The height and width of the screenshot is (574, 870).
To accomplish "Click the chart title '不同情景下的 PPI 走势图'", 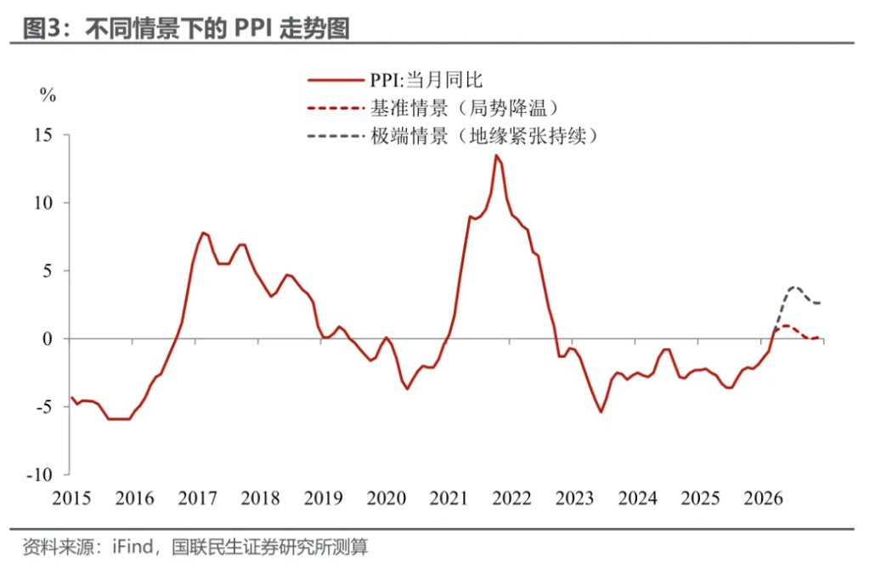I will click(217, 27).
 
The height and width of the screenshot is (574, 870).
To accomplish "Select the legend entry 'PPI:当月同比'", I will click(426, 80).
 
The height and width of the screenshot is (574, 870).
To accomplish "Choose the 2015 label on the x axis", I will click(71, 498).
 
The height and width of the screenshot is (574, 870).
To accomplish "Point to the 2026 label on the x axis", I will click(763, 498).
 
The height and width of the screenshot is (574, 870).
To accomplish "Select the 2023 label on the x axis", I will click(574, 498).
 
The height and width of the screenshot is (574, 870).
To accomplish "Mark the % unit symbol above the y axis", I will click(48, 95).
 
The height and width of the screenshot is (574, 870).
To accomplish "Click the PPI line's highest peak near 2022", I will click(496, 156).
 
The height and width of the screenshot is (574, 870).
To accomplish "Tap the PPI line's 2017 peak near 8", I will click(203, 232).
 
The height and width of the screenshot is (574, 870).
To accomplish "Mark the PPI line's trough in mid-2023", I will click(601, 412).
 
